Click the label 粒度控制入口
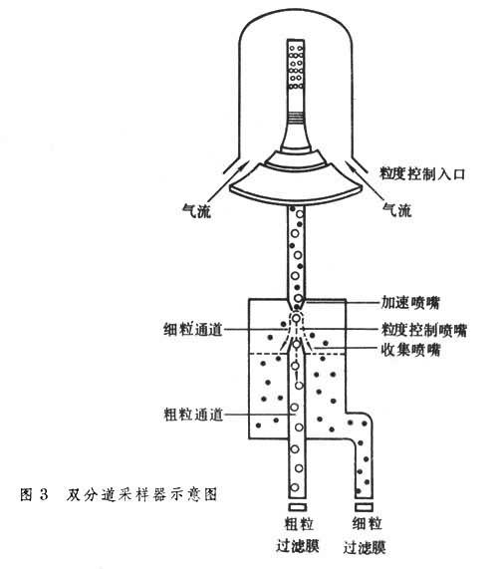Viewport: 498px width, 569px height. tap(422, 173)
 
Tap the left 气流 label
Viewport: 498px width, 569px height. tap(196, 210)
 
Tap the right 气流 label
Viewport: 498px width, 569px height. tap(397, 210)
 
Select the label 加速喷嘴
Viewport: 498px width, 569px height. tap(410, 303)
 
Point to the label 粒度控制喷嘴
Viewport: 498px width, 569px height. tap(424, 330)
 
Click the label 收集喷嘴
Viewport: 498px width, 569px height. tap(410, 350)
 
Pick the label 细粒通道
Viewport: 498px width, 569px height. tap(192, 330)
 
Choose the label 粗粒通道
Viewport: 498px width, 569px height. tap(193, 415)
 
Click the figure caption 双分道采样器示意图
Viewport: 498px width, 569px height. tap(141, 494)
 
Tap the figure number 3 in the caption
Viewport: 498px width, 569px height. tap(44, 494)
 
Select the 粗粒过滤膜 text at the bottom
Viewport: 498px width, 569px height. tap(298, 534)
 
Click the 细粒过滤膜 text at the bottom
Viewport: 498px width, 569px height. tap(365, 535)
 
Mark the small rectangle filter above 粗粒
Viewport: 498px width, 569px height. tap(298, 507)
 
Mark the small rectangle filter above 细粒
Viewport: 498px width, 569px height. tap(364, 507)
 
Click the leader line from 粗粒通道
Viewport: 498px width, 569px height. tap(259, 415)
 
